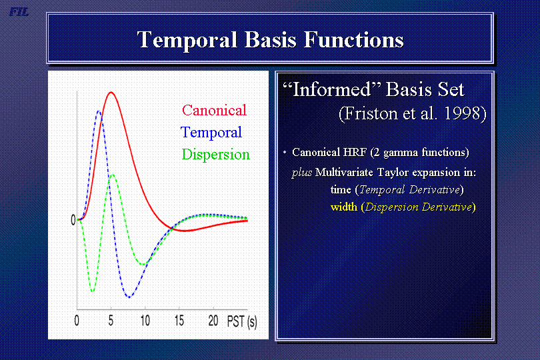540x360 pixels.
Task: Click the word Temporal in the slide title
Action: coord(187,40)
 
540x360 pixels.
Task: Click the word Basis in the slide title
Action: coord(271,39)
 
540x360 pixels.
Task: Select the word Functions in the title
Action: coord(354,39)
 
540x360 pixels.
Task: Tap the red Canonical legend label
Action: coord(214,110)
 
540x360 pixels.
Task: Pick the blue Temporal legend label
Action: coord(211,132)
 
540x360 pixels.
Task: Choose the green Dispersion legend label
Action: coord(215,155)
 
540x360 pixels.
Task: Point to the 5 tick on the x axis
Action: coord(111,321)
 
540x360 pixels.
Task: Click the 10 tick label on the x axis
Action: coord(145,321)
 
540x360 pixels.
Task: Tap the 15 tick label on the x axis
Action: coord(179,321)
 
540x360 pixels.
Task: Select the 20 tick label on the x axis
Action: coord(213,321)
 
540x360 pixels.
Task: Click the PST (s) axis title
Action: coord(242,321)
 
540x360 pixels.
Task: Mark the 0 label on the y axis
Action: coord(73,220)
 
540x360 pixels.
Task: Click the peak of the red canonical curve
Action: coord(111,92)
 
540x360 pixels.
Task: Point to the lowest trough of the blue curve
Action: coord(129,297)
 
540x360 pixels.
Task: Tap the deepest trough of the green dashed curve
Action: coord(92,291)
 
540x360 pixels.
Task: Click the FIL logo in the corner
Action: coord(19,13)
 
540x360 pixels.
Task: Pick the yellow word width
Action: coord(344,207)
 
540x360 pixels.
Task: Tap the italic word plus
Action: coord(302,173)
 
